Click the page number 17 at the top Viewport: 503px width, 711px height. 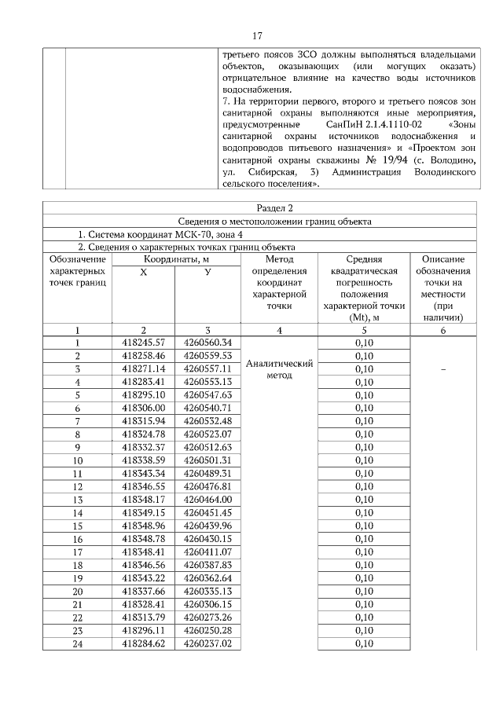point(257,36)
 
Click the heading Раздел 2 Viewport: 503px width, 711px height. point(258,208)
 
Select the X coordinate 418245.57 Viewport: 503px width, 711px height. point(143,343)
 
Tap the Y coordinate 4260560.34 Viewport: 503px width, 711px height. point(207,343)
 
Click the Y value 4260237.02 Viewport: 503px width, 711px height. point(207,644)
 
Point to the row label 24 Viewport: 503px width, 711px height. point(77,644)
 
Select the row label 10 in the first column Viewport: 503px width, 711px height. point(77,460)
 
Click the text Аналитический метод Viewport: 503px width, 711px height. point(280,369)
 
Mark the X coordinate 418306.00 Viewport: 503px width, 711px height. point(143,408)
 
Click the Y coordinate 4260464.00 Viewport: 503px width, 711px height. point(207,500)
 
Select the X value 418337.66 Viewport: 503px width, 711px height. point(143,592)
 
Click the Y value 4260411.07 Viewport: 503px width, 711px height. point(207,552)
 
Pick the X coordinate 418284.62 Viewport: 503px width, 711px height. point(143,644)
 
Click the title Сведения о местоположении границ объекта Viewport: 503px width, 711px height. point(258,222)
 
